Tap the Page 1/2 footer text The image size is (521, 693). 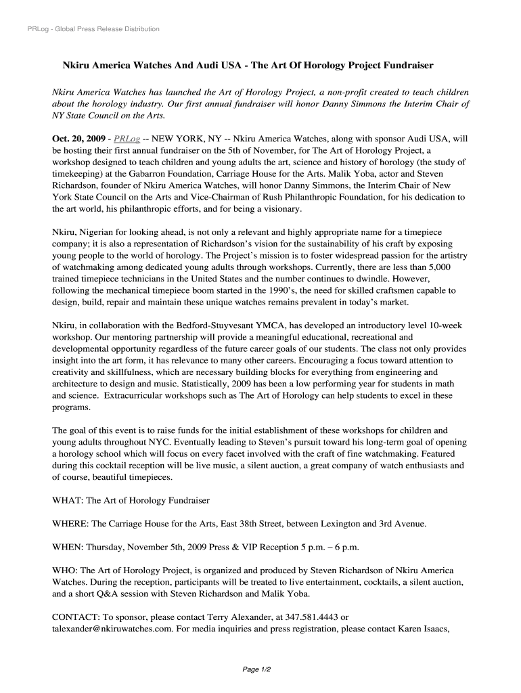point(257,669)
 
